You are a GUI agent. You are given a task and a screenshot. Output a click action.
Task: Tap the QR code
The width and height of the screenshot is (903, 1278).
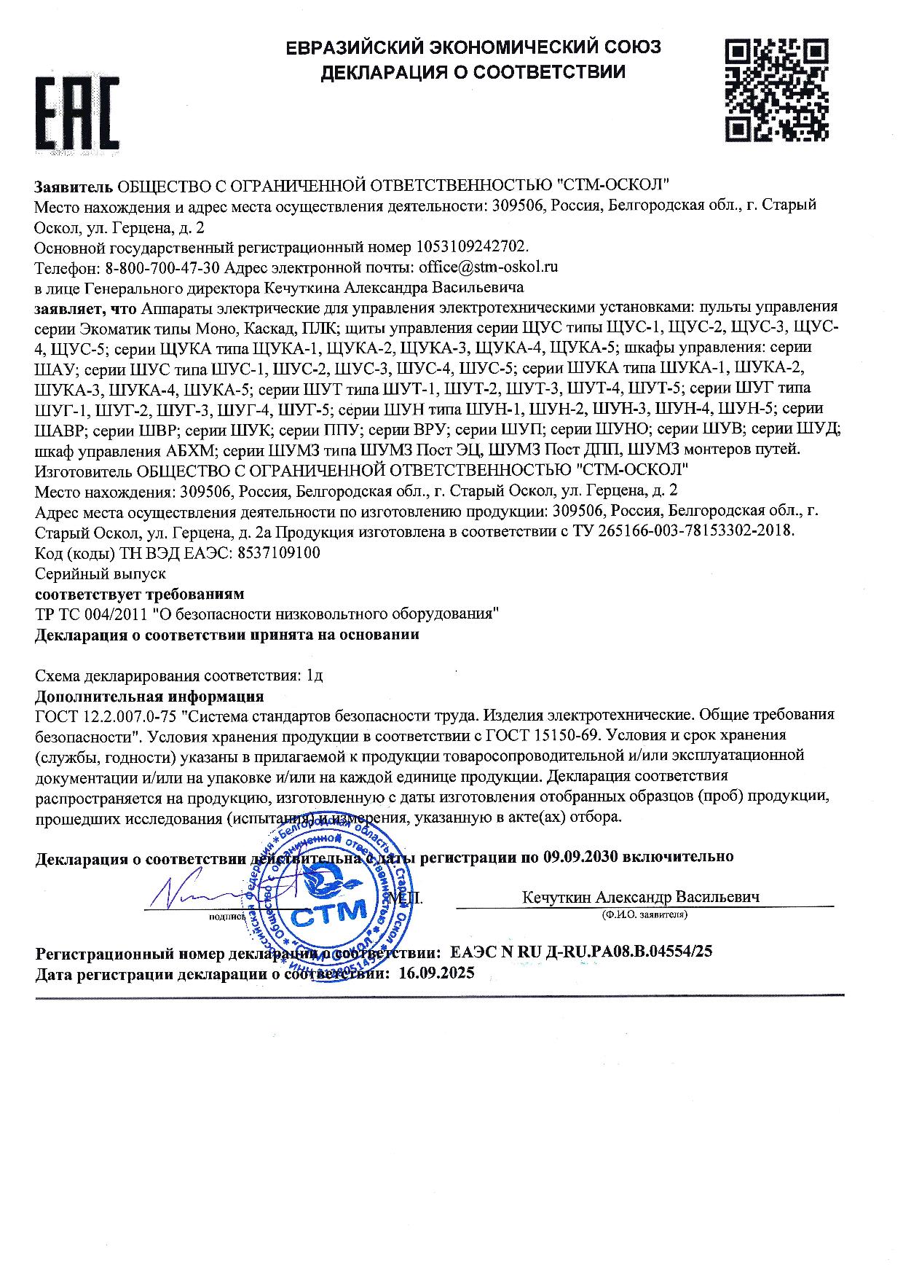(x=776, y=90)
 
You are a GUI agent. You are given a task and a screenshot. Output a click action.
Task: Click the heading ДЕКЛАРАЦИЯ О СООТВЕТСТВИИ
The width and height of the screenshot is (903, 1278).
(x=473, y=72)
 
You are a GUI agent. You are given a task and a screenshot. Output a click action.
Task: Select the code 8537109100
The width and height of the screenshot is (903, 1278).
(x=279, y=552)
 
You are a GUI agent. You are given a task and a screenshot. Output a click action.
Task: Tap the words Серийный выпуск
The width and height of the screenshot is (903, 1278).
(x=101, y=573)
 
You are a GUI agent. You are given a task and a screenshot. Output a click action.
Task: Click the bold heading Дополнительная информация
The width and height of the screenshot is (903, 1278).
(x=149, y=695)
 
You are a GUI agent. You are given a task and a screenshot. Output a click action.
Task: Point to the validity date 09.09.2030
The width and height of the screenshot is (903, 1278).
(x=580, y=856)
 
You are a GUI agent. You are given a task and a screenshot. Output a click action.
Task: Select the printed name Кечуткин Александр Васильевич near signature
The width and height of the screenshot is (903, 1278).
(x=641, y=897)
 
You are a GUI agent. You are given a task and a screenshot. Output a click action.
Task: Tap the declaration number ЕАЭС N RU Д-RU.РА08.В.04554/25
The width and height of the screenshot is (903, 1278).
(x=582, y=952)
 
